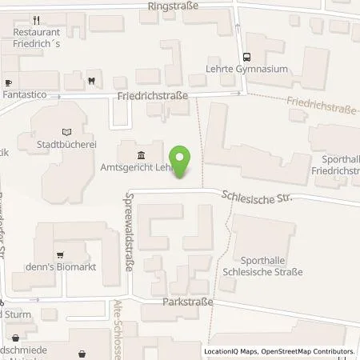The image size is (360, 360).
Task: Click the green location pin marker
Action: click(182, 160)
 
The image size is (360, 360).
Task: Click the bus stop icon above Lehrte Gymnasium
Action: click(246, 57)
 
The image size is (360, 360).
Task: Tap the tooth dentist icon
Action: click(92, 80)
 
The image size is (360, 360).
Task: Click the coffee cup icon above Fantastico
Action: click(8, 82)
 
